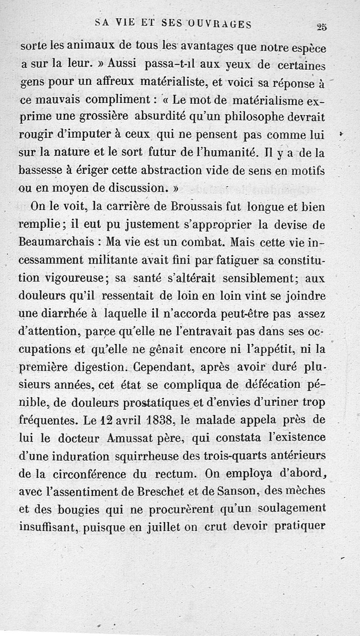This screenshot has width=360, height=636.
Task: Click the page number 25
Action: pyautogui.click(x=321, y=27)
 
